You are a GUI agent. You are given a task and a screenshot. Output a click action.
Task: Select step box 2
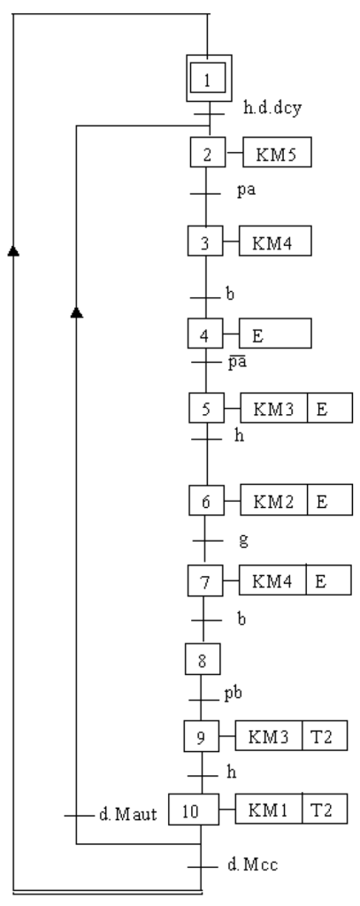click(208, 152)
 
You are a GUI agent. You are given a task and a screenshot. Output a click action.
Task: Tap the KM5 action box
click(277, 152)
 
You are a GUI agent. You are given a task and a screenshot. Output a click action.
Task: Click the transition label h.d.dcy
click(272, 108)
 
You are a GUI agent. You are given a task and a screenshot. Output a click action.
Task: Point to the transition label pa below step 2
click(246, 191)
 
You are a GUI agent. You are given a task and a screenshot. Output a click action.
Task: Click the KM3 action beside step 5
click(274, 408)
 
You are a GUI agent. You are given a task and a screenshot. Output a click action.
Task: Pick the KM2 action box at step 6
click(274, 501)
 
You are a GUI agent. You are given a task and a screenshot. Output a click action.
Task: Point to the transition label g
click(243, 541)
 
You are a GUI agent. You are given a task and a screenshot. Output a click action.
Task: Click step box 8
click(203, 659)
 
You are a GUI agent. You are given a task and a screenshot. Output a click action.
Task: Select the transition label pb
click(233, 694)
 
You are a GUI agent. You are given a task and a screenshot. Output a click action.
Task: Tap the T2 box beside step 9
click(325, 735)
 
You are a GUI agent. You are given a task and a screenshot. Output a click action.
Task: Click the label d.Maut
click(127, 815)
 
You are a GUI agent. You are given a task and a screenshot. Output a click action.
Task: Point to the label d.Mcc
click(252, 865)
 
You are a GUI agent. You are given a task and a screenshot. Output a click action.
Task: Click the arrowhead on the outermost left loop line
click(13, 250)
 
